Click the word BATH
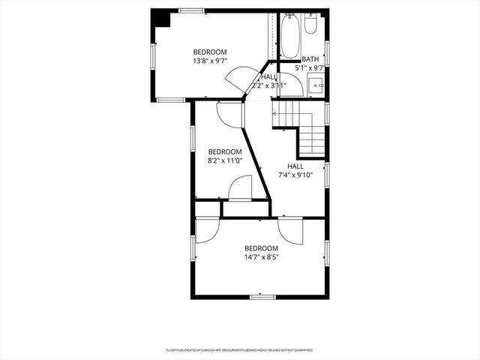point(310,59)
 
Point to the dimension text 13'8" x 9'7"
point(210,61)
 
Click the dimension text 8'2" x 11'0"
point(225,160)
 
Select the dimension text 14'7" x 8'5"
point(261,257)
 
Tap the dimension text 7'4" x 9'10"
point(295,175)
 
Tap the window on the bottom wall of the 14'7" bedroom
point(262,297)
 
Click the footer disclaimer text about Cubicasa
point(239,350)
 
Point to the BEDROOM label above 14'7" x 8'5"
point(261,248)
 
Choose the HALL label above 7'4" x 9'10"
point(295,166)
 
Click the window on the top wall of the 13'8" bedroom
point(192,10)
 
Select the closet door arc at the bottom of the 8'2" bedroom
point(240,188)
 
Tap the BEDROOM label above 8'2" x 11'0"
point(225,151)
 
